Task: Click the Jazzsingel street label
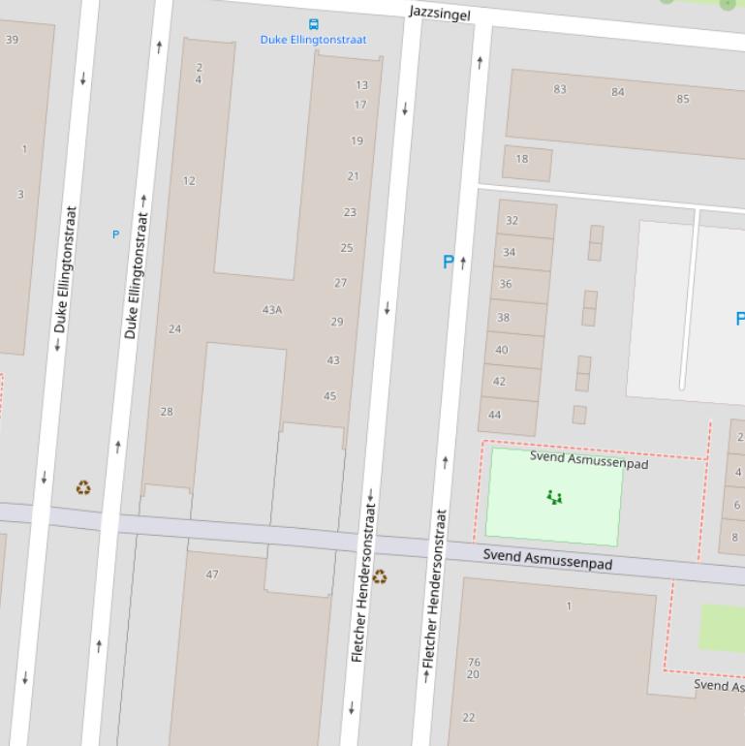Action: (x=440, y=13)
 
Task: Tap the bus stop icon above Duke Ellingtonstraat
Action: (x=313, y=24)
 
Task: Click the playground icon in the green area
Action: (x=554, y=497)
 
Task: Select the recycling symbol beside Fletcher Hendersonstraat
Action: (x=380, y=576)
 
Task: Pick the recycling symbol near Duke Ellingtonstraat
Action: (x=84, y=487)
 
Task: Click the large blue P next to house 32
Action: (x=448, y=262)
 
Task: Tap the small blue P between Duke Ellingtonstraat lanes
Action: (x=116, y=234)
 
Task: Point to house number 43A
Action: (x=272, y=310)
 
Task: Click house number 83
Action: (x=560, y=89)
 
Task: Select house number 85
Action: (x=683, y=99)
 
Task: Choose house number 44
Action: (x=495, y=415)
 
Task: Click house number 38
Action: (x=503, y=318)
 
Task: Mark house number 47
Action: (x=212, y=575)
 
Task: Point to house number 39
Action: (x=12, y=40)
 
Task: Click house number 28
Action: (x=167, y=412)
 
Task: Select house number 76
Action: (x=474, y=663)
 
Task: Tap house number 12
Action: (x=189, y=180)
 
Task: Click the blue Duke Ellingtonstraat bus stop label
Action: (x=313, y=40)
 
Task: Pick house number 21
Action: (x=353, y=176)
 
